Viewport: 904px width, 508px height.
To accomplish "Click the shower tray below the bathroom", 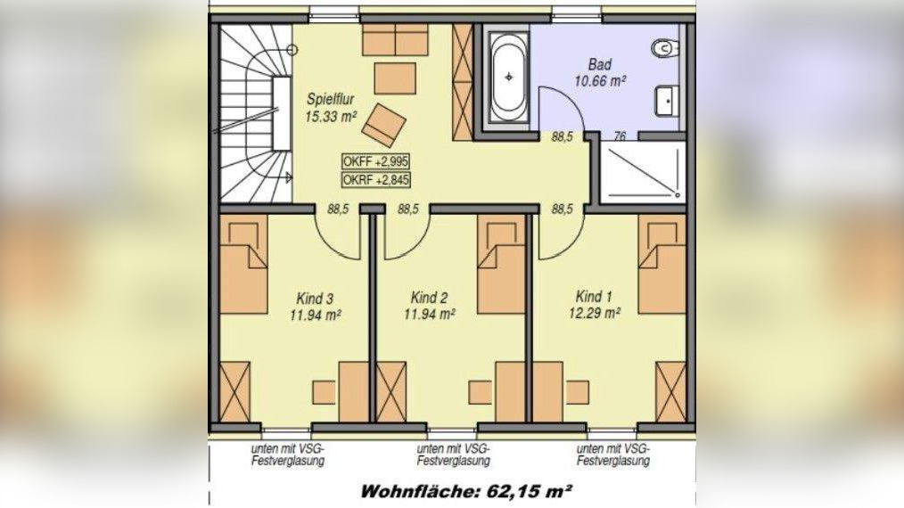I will click(x=641, y=172).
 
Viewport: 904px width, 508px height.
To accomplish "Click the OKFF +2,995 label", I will click(x=375, y=161).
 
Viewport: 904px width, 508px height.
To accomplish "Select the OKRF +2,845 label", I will click(x=375, y=181).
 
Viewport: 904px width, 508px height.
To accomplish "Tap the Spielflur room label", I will click(x=333, y=99).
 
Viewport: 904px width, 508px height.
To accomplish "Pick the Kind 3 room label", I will click(x=317, y=298).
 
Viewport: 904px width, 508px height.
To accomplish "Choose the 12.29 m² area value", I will click(x=596, y=313).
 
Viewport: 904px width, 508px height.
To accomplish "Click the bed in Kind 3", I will click(x=243, y=266).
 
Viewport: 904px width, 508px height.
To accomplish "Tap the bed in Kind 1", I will click(x=662, y=266).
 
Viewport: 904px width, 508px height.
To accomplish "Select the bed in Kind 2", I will click(x=501, y=266).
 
